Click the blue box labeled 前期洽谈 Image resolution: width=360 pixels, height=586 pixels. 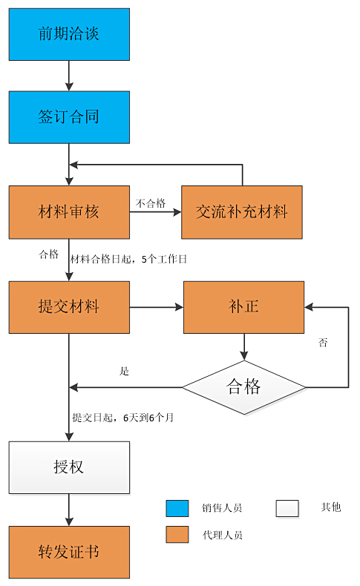pos(69,34)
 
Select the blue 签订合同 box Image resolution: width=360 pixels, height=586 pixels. pos(69,117)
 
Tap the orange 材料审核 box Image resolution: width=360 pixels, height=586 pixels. pos(69,212)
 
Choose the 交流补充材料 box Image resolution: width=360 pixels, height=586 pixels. pos(241,212)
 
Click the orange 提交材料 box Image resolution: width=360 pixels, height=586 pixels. pos(69,307)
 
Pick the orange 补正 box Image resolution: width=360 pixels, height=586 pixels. pos(243,307)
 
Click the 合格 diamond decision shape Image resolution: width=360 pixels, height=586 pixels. pos(243,386)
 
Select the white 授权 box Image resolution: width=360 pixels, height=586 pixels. pos(69,467)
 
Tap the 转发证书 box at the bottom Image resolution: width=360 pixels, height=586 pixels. pos(69,553)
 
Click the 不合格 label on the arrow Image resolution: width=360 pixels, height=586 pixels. pos(151,203)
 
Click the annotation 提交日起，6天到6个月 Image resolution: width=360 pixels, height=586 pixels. pos(123,418)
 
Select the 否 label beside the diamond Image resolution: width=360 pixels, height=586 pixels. pos(323,343)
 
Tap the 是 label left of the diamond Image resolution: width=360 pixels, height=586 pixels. pos(124,371)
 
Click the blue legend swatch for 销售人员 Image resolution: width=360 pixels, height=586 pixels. pos(177,508)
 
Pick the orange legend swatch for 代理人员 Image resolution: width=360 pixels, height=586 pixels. pos(177,534)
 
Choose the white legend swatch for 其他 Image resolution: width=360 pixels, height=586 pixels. pos(287,508)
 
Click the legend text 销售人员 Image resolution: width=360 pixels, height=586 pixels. pos(221,508)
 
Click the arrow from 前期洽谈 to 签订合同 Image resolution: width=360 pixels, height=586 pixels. pos(69,76)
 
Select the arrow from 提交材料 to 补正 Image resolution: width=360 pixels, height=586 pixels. pos(156,307)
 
